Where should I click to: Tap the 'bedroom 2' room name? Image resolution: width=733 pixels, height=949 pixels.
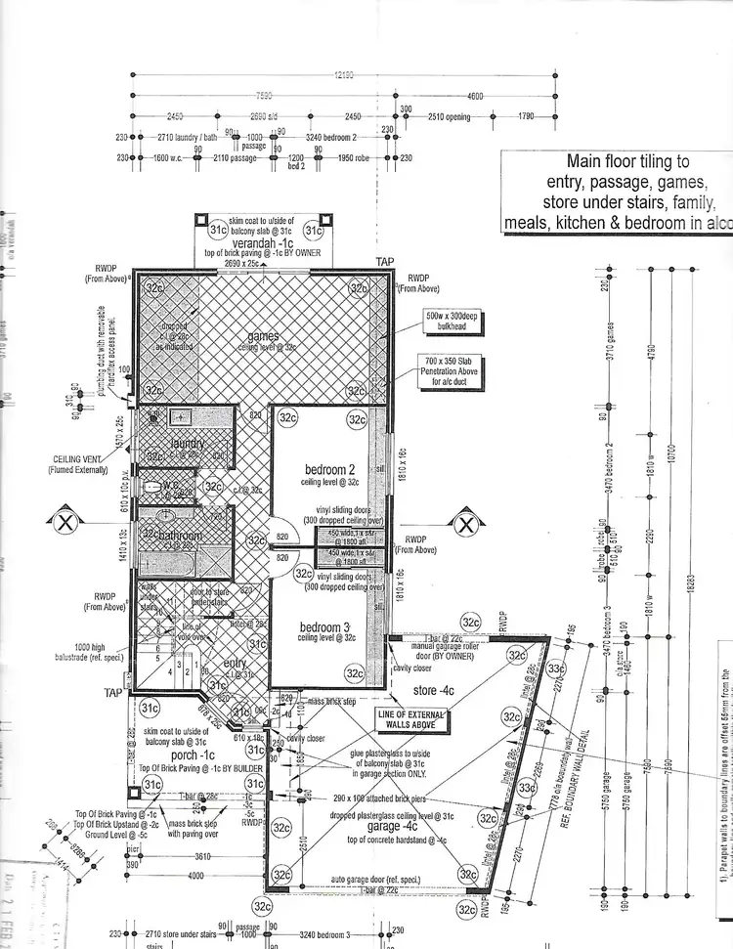[x=327, y=469]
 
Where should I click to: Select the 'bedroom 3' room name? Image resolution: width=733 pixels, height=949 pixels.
[x=324, y=626]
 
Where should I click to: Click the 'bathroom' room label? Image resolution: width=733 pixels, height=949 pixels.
[x=176, y=536]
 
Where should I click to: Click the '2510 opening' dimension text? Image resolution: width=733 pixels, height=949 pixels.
[x=449, y=117]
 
